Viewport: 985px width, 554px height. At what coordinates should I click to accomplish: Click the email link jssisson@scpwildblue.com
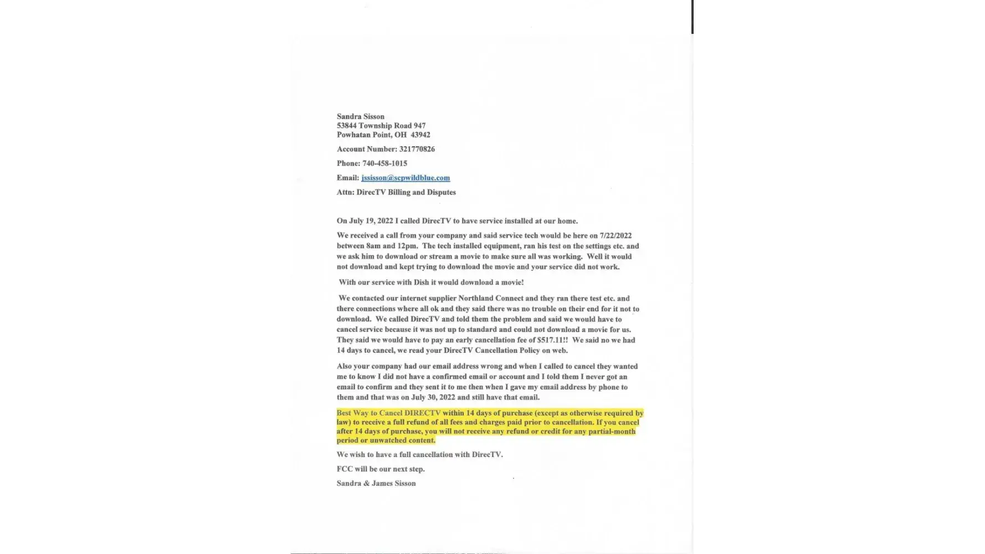[x=406, y=178]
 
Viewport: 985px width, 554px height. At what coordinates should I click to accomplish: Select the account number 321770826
[x=417, y=149]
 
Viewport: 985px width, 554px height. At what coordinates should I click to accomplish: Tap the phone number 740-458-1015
[x=384, y=163]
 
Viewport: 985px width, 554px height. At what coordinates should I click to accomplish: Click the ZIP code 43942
[x=420, y=135]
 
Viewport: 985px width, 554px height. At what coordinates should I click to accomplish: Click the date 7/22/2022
[x=615, y=235]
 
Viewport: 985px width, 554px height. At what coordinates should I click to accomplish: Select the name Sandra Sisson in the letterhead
[x=361, y=116]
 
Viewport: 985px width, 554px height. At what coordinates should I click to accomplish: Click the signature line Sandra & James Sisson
[x=376, y=483]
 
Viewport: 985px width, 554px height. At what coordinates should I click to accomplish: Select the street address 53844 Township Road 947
[x=381, y=126]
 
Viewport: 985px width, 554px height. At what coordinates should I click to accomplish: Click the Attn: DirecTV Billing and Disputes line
[x=396, y=192]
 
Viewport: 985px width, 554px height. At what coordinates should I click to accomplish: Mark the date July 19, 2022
[x=371, y=221]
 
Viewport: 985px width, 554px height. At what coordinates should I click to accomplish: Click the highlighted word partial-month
[x=612, y=431]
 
